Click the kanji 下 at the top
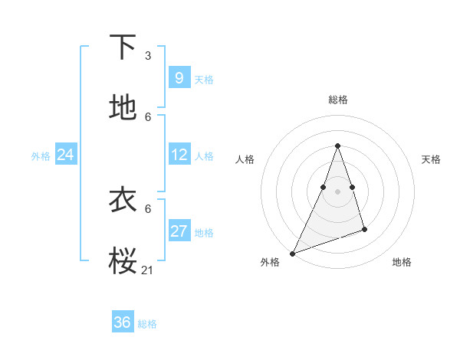click(123, 47)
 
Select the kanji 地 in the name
click(123, 108)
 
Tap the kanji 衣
click(123, 200)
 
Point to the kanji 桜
click(123, 261)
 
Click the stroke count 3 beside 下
click(148, 56)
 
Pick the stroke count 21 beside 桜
click(148, 270)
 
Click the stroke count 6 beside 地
click(148, 117)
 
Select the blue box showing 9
click(179, 77)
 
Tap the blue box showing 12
click(179, 155)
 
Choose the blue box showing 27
click(179, 231)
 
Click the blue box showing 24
click(66, 155)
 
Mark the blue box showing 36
click(123, 322)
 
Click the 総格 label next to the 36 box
click(147, 324)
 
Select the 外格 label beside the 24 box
click(41, 156)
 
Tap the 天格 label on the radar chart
click(431, 159)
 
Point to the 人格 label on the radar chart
click(245, 159)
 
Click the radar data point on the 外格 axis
click(292, 254)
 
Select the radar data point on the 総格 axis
click(337, 146)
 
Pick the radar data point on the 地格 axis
click(364, 229)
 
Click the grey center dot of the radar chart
click(337, 191)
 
